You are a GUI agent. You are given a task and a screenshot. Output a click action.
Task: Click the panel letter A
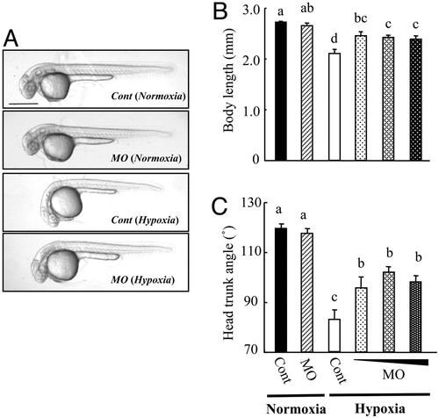click(11, 39)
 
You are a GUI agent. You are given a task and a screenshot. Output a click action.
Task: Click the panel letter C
click(219, 207)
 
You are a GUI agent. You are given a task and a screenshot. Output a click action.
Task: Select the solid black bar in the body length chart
click(281, 91)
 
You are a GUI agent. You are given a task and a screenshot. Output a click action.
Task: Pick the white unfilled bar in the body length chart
click(335, 107)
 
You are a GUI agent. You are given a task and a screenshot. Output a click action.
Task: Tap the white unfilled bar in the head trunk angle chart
click(335, 335)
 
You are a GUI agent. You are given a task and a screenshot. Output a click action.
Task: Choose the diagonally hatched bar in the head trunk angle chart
click(307, 292)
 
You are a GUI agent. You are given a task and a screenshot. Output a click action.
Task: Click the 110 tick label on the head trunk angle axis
click(249, 253)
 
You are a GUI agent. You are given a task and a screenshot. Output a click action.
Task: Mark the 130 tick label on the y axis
click(249, 203)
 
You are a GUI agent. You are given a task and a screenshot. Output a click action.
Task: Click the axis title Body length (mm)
click(229, 80)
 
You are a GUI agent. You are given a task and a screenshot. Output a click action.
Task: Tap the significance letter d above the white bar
click(335, 39)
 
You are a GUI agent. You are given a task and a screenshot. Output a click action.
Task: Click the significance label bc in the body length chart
click(361, 18)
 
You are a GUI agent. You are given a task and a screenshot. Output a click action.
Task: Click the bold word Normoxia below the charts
click(296, 408)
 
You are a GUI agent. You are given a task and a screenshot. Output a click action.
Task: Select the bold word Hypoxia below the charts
click(380, 409)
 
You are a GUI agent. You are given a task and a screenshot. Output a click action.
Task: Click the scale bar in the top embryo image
click(24, 104)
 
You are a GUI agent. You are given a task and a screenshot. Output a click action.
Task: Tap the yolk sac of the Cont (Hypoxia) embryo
click(66, 203)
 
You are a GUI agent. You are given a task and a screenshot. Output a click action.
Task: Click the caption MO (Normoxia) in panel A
click(147, 158)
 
